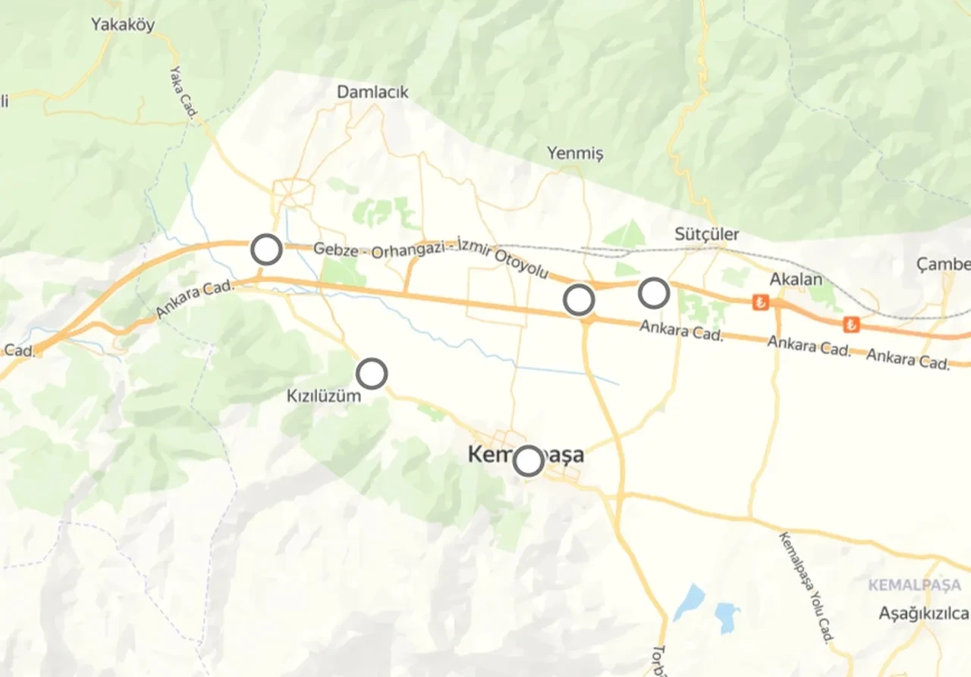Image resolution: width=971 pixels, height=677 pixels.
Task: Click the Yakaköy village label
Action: click(122, 25)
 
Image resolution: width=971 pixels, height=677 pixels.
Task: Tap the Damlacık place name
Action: click(372, 92)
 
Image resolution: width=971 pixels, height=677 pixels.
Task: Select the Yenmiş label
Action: click(575, 154)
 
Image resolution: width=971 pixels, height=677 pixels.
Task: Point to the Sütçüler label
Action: click(706, 234)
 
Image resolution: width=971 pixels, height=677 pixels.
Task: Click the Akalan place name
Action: click(796, 280)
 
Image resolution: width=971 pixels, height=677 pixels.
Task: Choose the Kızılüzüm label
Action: click(323, 396)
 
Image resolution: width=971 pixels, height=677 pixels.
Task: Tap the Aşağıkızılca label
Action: click(923, 613)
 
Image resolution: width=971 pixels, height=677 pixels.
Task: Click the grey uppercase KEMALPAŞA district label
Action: click(914, 585)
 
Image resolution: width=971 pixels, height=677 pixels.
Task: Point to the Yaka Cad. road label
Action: click(183, 92)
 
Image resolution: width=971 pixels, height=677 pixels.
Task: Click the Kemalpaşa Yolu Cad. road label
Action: click(805, 587)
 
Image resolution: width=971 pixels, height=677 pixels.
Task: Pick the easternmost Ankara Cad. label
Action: click(907, 359)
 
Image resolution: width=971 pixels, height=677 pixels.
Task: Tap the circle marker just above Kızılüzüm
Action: click(372, 374)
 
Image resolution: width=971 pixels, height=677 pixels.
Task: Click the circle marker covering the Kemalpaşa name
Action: click(528, 460)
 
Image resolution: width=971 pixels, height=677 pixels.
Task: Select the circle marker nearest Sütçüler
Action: click(653, 293)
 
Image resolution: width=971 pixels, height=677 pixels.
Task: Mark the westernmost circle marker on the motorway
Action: click(266, 249)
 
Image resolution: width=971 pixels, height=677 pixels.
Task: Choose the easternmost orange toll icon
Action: click(851, 324)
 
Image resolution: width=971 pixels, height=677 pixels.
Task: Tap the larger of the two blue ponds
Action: click(690, 602)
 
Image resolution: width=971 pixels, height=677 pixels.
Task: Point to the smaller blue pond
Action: click(727, 616)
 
